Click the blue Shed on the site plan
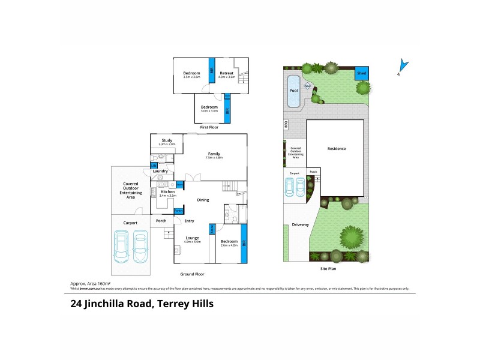[x=362, y=73]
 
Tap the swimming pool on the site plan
[x=293, y=91]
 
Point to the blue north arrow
[x=404, y=66]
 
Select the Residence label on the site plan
[x=336, y=149]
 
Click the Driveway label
[x=300, y=225]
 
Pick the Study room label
[x=167, y=140]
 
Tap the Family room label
[x=214, y=154]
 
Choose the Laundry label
[x=160, y=171]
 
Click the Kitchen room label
[x=167, y=191]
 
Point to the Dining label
[x=203, y=200]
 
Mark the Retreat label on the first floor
[x=226, y=73]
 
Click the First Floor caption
[x=209, y=127]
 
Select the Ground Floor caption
[x=193, y=274]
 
